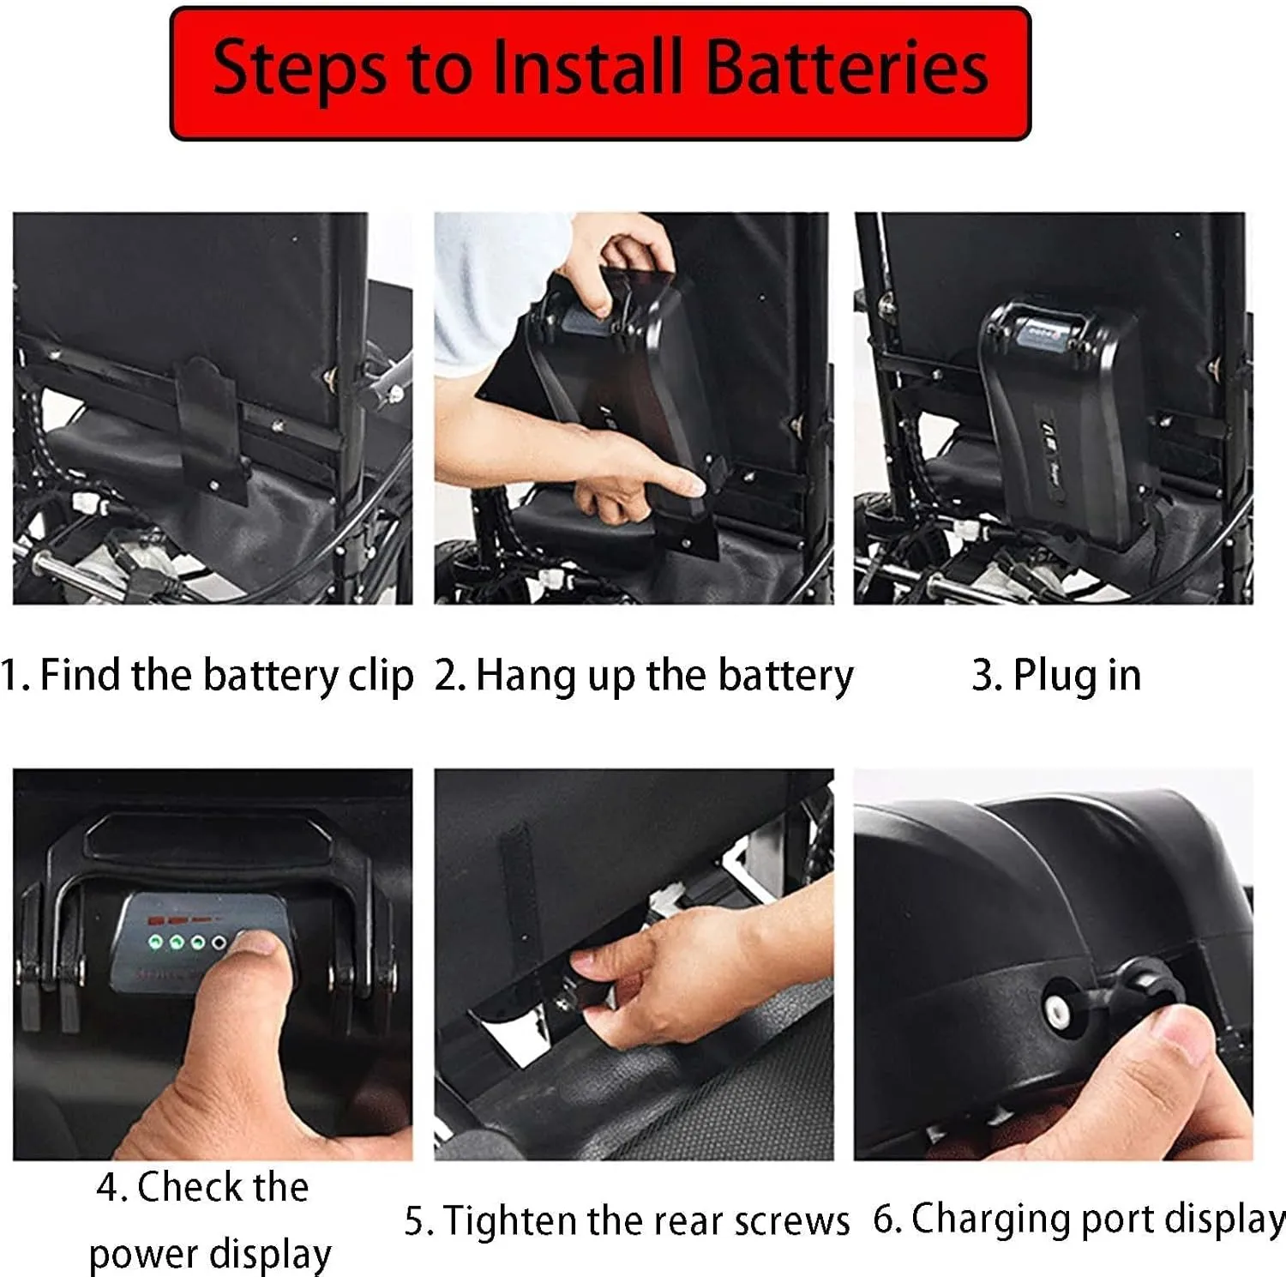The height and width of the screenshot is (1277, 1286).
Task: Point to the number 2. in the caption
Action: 449,676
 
